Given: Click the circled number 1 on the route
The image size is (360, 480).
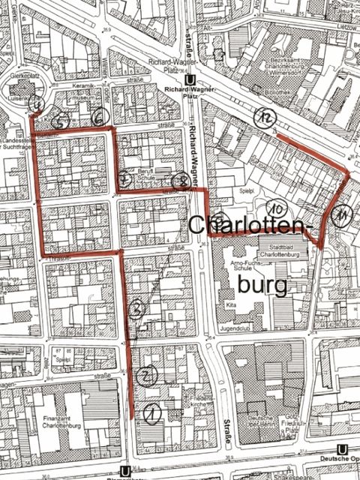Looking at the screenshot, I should [151, 411].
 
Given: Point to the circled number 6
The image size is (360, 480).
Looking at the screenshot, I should [100, 118].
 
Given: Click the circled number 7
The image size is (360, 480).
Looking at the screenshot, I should [124, 178].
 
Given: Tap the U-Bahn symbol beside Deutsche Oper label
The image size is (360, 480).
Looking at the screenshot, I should [343, 449].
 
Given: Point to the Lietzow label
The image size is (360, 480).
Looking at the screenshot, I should [344, 25].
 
